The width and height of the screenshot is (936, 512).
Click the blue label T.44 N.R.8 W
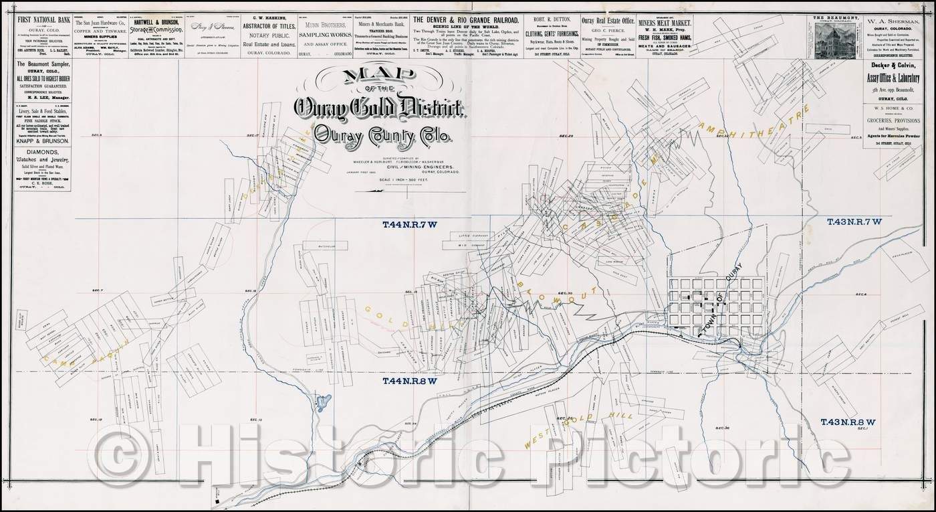[409, 381]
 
